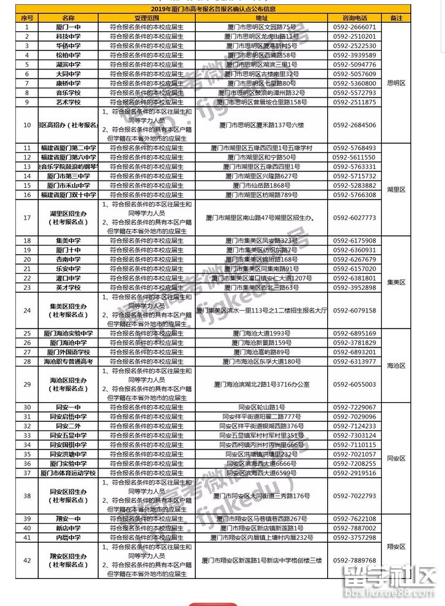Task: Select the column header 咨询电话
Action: coord(354,18)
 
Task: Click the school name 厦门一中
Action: coord(68,28)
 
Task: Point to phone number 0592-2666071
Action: coord(354,28)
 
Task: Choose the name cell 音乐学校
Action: coord(68,92)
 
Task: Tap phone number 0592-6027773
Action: coord(354,217)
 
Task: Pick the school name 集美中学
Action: coord(68,241)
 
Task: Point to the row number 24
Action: coord(26,310)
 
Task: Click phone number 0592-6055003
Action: coord(354,384)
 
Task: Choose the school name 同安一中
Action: coord(68,407)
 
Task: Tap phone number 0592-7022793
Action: coord(354,495)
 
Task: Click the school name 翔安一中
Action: coord(68,519)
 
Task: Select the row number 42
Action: coord(26,560)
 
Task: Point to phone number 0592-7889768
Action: coord(354,560)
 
